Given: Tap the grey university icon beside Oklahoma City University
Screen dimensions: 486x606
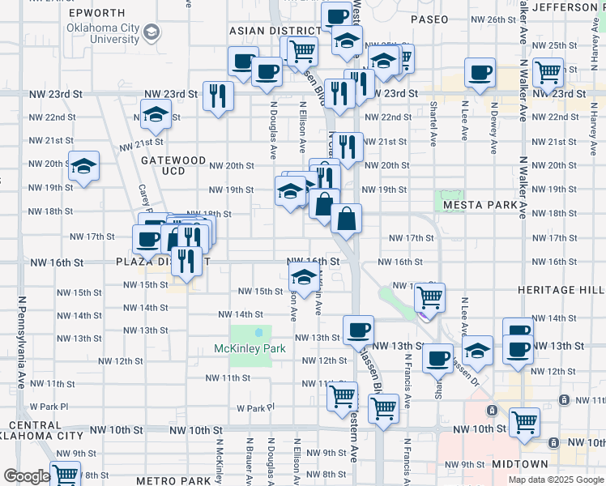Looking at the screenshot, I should point(151,32).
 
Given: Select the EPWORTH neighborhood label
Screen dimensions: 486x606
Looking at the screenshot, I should point(97,13).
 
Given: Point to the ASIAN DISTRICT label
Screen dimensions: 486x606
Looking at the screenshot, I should point(272,30).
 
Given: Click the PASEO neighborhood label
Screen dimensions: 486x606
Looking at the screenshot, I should point(429,19).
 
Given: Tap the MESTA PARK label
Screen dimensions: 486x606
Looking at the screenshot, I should point(480,205).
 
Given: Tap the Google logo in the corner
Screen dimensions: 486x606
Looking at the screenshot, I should point(26,476).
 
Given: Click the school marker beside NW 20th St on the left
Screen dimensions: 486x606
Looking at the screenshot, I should point(83,166).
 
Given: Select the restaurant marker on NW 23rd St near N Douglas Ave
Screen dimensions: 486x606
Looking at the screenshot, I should point(218,96).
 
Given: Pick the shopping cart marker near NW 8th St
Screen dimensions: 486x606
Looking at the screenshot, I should point(64,475).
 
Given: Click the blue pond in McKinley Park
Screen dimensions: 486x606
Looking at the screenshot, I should point(258,332).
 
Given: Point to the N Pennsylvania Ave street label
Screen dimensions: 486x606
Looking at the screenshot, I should point(19,341).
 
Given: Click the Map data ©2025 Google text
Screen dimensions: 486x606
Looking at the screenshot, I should point(554,480).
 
